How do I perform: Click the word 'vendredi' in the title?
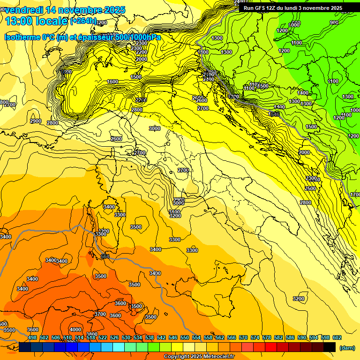[x=23, y=10]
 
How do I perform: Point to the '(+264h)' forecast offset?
[x=83, y=21]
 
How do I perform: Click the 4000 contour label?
[x=75, y=330]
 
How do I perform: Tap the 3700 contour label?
[x=100, y=314]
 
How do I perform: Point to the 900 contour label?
[x=334, y=22]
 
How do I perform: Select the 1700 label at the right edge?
[x=355, y=195]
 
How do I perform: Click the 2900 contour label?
[x=36, y=121]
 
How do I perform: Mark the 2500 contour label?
[x=310, y=188]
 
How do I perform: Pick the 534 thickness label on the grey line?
[x=105, y=256]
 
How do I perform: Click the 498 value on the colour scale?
[x=32, y=337]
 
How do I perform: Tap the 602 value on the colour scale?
[x=337, y=337]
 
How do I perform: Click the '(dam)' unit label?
[x=347, y=347]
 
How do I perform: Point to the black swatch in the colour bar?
[x=330, y=347]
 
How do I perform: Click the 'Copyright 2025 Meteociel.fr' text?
[x=199, y=357]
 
